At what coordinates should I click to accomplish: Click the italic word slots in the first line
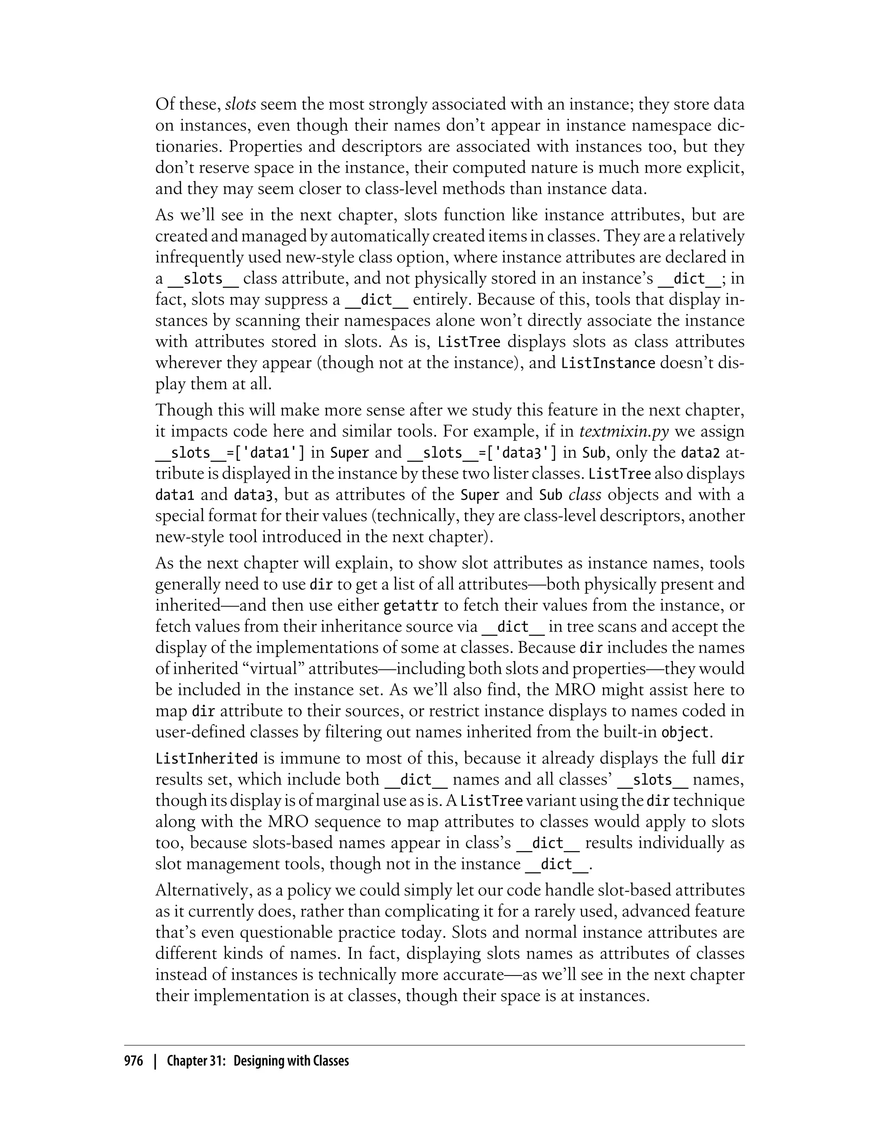(241, 104)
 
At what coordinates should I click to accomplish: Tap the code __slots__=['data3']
(482, 453)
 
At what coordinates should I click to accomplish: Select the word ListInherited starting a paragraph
(206, 759)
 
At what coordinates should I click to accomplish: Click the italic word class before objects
(585, 495)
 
